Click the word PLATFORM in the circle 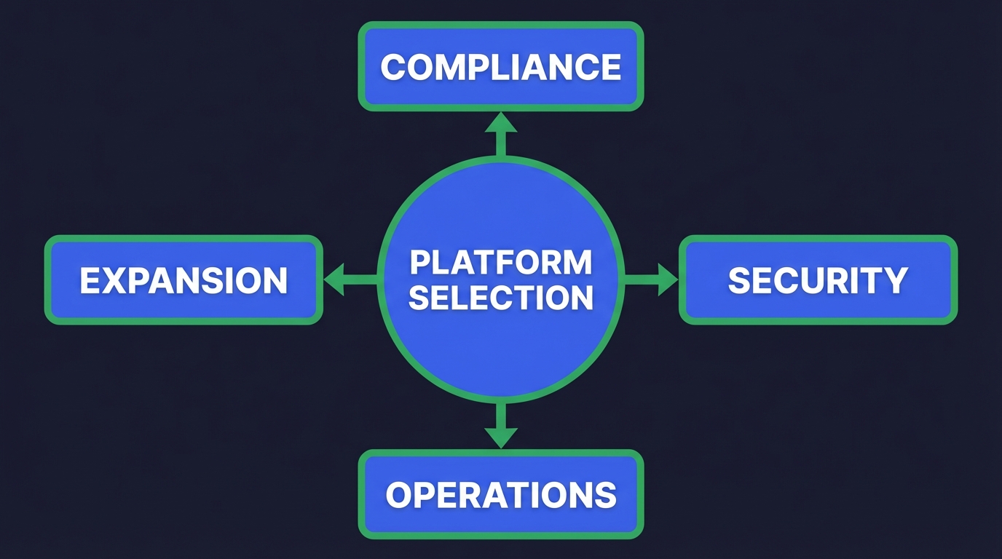tap(501, 263)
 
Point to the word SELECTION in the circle tap(501, 298)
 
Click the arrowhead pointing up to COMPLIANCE tap(501, 123)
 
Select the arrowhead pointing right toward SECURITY tap(667, 279)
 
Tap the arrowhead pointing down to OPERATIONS tap(501, 437)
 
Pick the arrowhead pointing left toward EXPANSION tap(334, 279)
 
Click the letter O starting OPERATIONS tap(400, 496)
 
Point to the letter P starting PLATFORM tap(419, 263)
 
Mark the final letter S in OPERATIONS tap(604, 496)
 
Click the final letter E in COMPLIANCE tap(611, 67)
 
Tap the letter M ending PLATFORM tap(578, 263)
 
